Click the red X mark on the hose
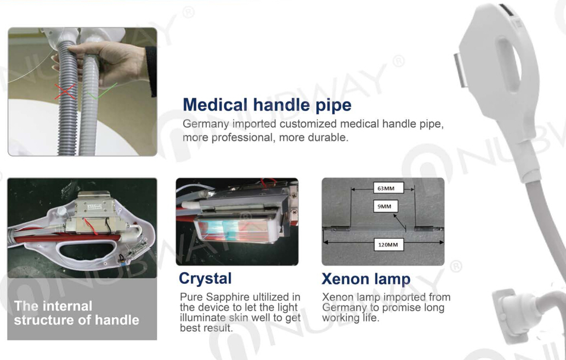65,91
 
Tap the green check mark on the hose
101,92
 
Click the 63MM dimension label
388,188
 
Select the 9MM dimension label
386,206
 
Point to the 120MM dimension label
388,244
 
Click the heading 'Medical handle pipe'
267,105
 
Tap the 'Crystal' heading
205,279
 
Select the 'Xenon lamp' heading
366,279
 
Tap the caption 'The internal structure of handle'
77,313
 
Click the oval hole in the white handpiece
510,65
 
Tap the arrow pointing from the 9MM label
400,222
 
